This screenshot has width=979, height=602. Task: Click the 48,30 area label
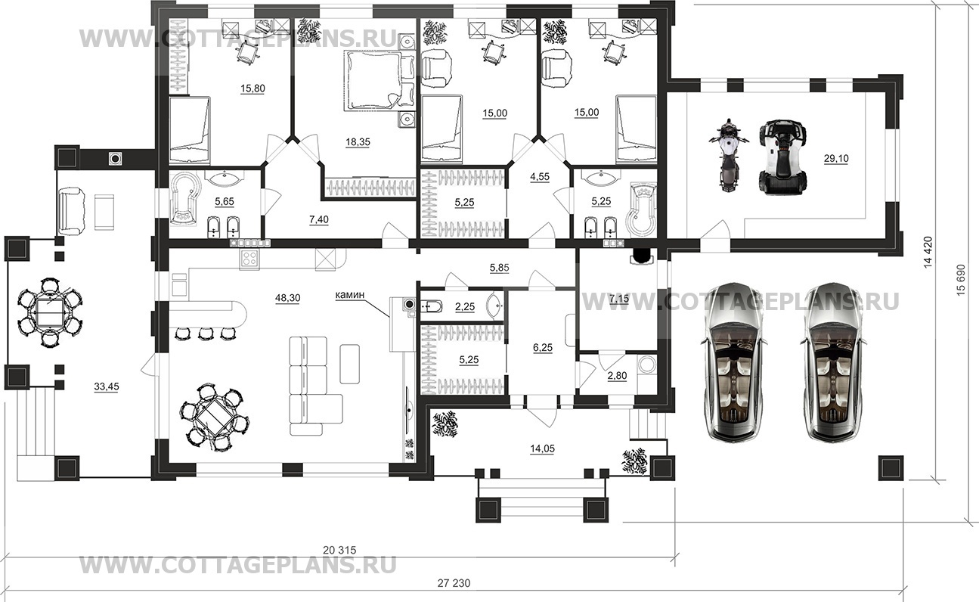pos(287,298)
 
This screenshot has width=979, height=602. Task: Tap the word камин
pos(349,295)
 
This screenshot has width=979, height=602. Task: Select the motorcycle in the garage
pos(728,155)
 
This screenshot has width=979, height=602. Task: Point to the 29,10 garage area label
pos(836,159)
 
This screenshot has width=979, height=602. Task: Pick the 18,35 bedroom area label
pos(358,142)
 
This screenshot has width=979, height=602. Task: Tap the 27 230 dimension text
pos(454,583)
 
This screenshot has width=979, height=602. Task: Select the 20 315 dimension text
pos(339,550)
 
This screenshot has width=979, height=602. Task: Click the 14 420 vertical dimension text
pos(928,252)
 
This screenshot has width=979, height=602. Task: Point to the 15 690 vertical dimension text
pos(960,280)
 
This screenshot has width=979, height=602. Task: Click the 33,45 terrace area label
pos(106,386)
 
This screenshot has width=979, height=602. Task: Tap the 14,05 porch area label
pos(542,448)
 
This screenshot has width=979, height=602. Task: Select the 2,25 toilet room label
pos(465,307)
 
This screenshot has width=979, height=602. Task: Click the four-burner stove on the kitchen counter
pos(249,259)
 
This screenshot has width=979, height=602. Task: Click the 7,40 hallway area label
pos(318,219)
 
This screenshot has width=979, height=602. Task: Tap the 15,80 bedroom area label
pos(252,88)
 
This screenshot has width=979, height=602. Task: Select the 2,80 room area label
pos(617,376)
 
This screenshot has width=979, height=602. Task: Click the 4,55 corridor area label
pos(539,177)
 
